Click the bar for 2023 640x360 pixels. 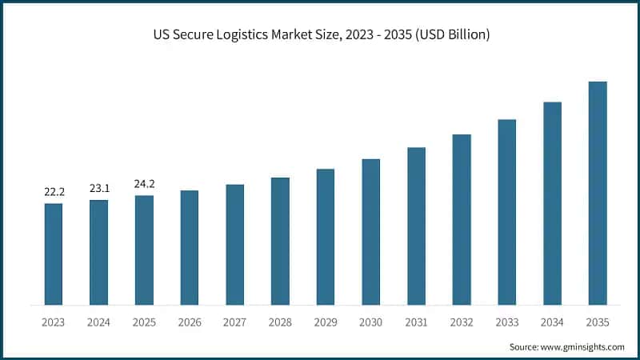tap(54, 254)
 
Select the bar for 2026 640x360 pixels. tap(190, 247)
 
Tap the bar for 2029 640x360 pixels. tap(326, 237)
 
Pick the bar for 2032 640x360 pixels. tap(462, 219)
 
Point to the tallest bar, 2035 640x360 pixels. tap(598, 193)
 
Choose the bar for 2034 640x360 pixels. tap(552, 203)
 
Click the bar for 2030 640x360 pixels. tap(370, 231)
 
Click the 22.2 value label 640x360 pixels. tap(54, 192)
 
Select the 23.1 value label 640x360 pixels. tap(99, 189)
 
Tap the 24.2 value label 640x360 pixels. tap(144, 184)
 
